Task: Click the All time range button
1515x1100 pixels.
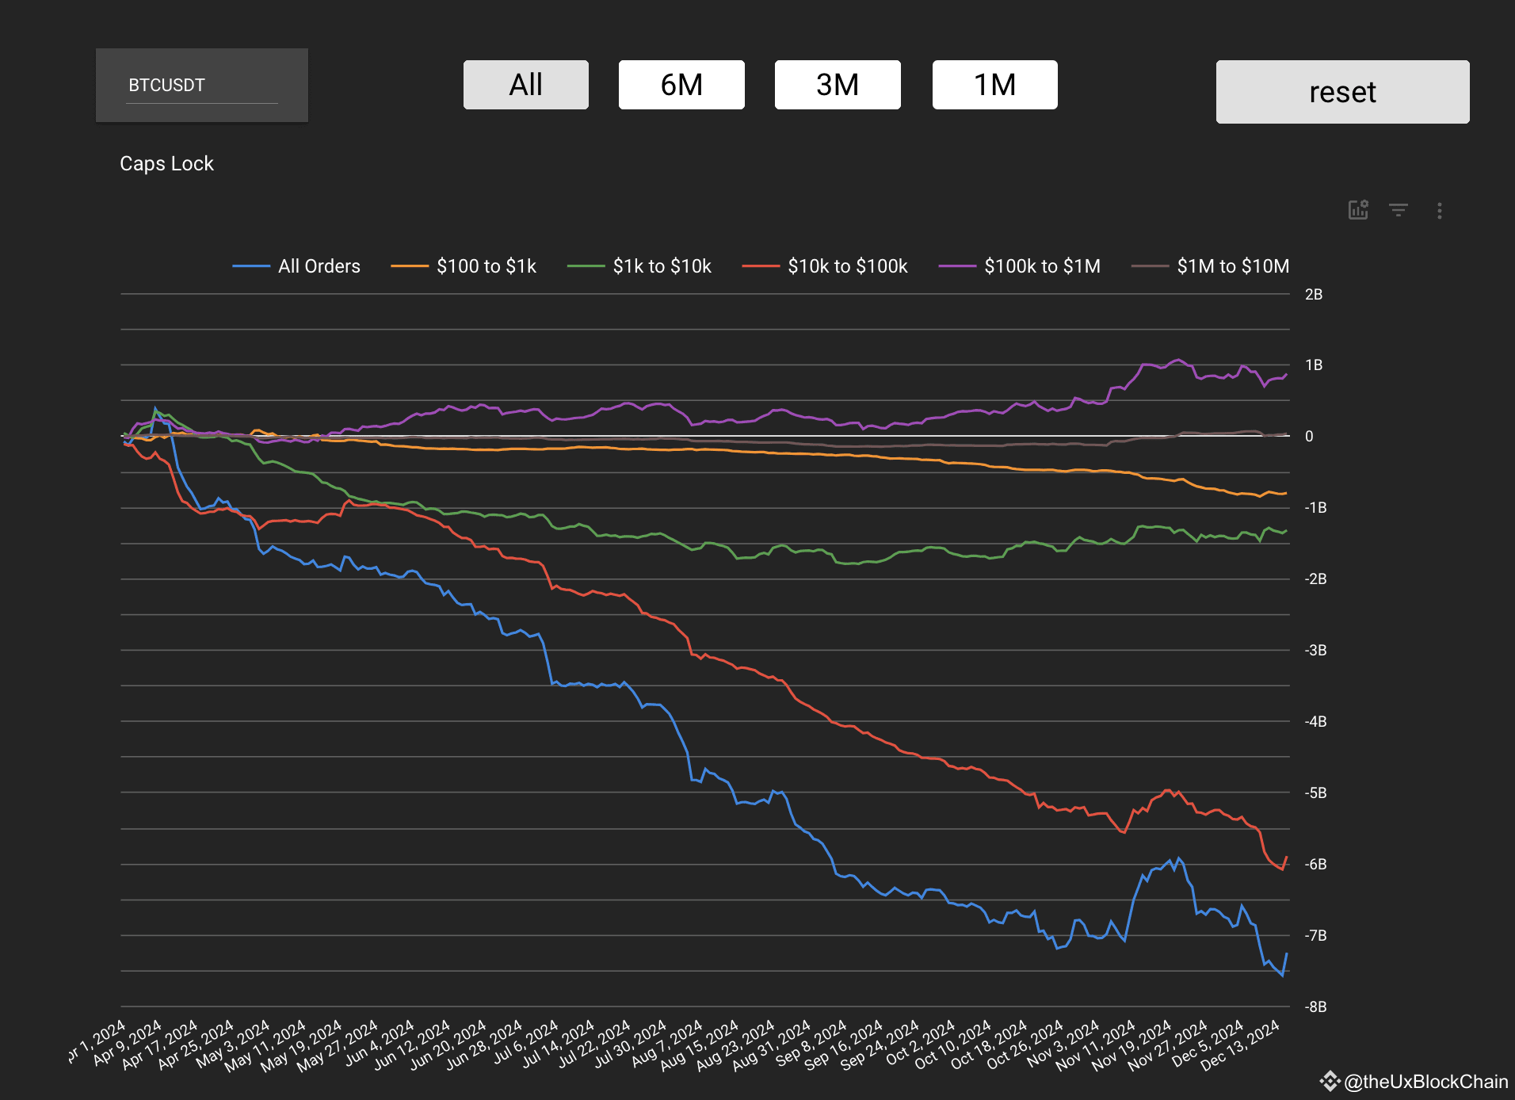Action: click(525, 85)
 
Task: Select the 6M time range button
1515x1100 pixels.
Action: click(681, 85)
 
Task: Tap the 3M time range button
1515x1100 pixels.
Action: click(838, 85)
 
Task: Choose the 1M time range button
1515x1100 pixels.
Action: click(994, 85)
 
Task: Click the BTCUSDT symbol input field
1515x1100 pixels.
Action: click(202, 86)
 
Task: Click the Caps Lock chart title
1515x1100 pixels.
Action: click(166, 163)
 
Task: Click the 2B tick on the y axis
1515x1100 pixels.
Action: click(1313, 295)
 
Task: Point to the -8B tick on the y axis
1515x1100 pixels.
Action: click(1315, 1006)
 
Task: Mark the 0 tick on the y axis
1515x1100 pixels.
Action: click(1309, 436)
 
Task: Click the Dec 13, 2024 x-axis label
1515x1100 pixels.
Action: click(1242, 1045)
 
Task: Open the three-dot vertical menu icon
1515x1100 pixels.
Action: click(1439, 211)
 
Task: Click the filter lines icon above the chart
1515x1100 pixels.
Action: click(1399, 210)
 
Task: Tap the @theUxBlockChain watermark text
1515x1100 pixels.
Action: click(1425, 1082)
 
